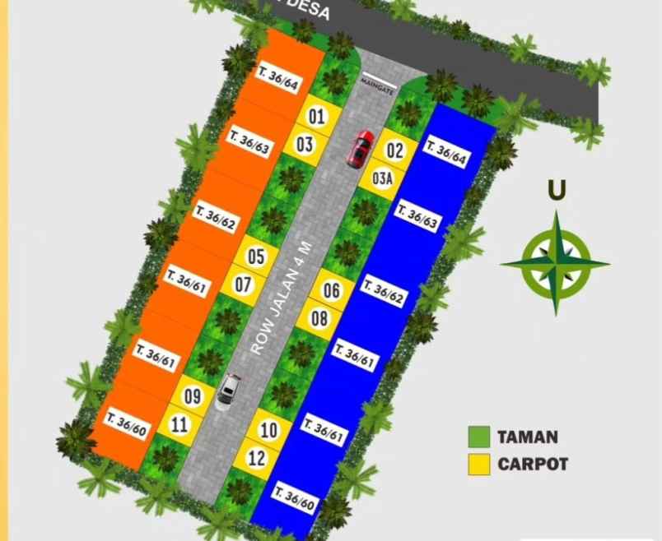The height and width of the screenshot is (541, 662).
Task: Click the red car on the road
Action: tap(361, 147)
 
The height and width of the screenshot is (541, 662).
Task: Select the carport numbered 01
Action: tap(316, 117)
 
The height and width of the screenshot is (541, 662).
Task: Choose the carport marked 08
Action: tap(331, 290)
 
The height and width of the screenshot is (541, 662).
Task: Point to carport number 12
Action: tap(257, 459)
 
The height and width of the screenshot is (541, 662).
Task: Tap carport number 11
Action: tap(179, 425)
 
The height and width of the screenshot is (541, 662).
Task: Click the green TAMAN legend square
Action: tap(480, 437)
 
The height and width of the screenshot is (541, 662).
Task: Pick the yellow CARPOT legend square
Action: tap(480, 465)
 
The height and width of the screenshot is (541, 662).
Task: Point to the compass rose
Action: tap(556, 263)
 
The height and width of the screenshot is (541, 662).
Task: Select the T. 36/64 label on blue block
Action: tap(445, 152)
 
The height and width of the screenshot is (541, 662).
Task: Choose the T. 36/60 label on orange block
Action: tap(127, 424)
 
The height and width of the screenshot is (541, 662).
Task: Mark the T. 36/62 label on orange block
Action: tap(217, 217)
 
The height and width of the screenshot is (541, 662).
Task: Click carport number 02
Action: tap(395, 150)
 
